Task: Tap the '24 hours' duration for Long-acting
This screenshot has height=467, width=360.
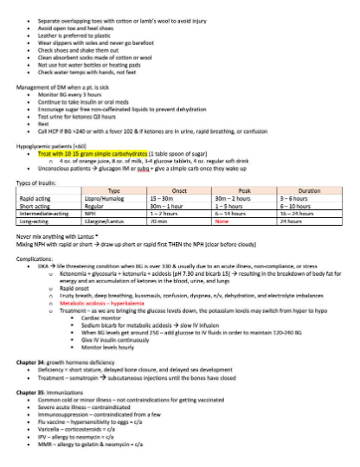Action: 288,221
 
